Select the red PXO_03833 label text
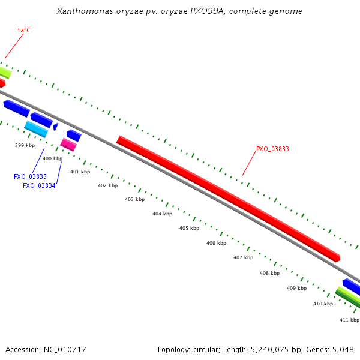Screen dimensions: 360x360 [x=272, y=149]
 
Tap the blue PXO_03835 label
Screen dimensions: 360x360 [x=30, y=176]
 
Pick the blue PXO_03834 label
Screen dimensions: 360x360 [x=39, y=185]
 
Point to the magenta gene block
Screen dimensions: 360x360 [x=68, y=145]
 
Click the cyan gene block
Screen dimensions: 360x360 [x=36, y=128]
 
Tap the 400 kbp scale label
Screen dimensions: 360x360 [x=52, y=158]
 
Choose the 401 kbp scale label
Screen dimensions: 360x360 [x=80, y=172]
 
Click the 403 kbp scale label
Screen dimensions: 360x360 [x=134, y=199]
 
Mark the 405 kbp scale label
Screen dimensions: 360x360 [x=189, y=228]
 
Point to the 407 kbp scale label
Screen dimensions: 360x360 [x=243, y=257]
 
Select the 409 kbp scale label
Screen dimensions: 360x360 [x=296, y=288]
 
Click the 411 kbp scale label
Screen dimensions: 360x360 [x=349, y=320]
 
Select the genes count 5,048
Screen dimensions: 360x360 [x=343, y=349]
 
